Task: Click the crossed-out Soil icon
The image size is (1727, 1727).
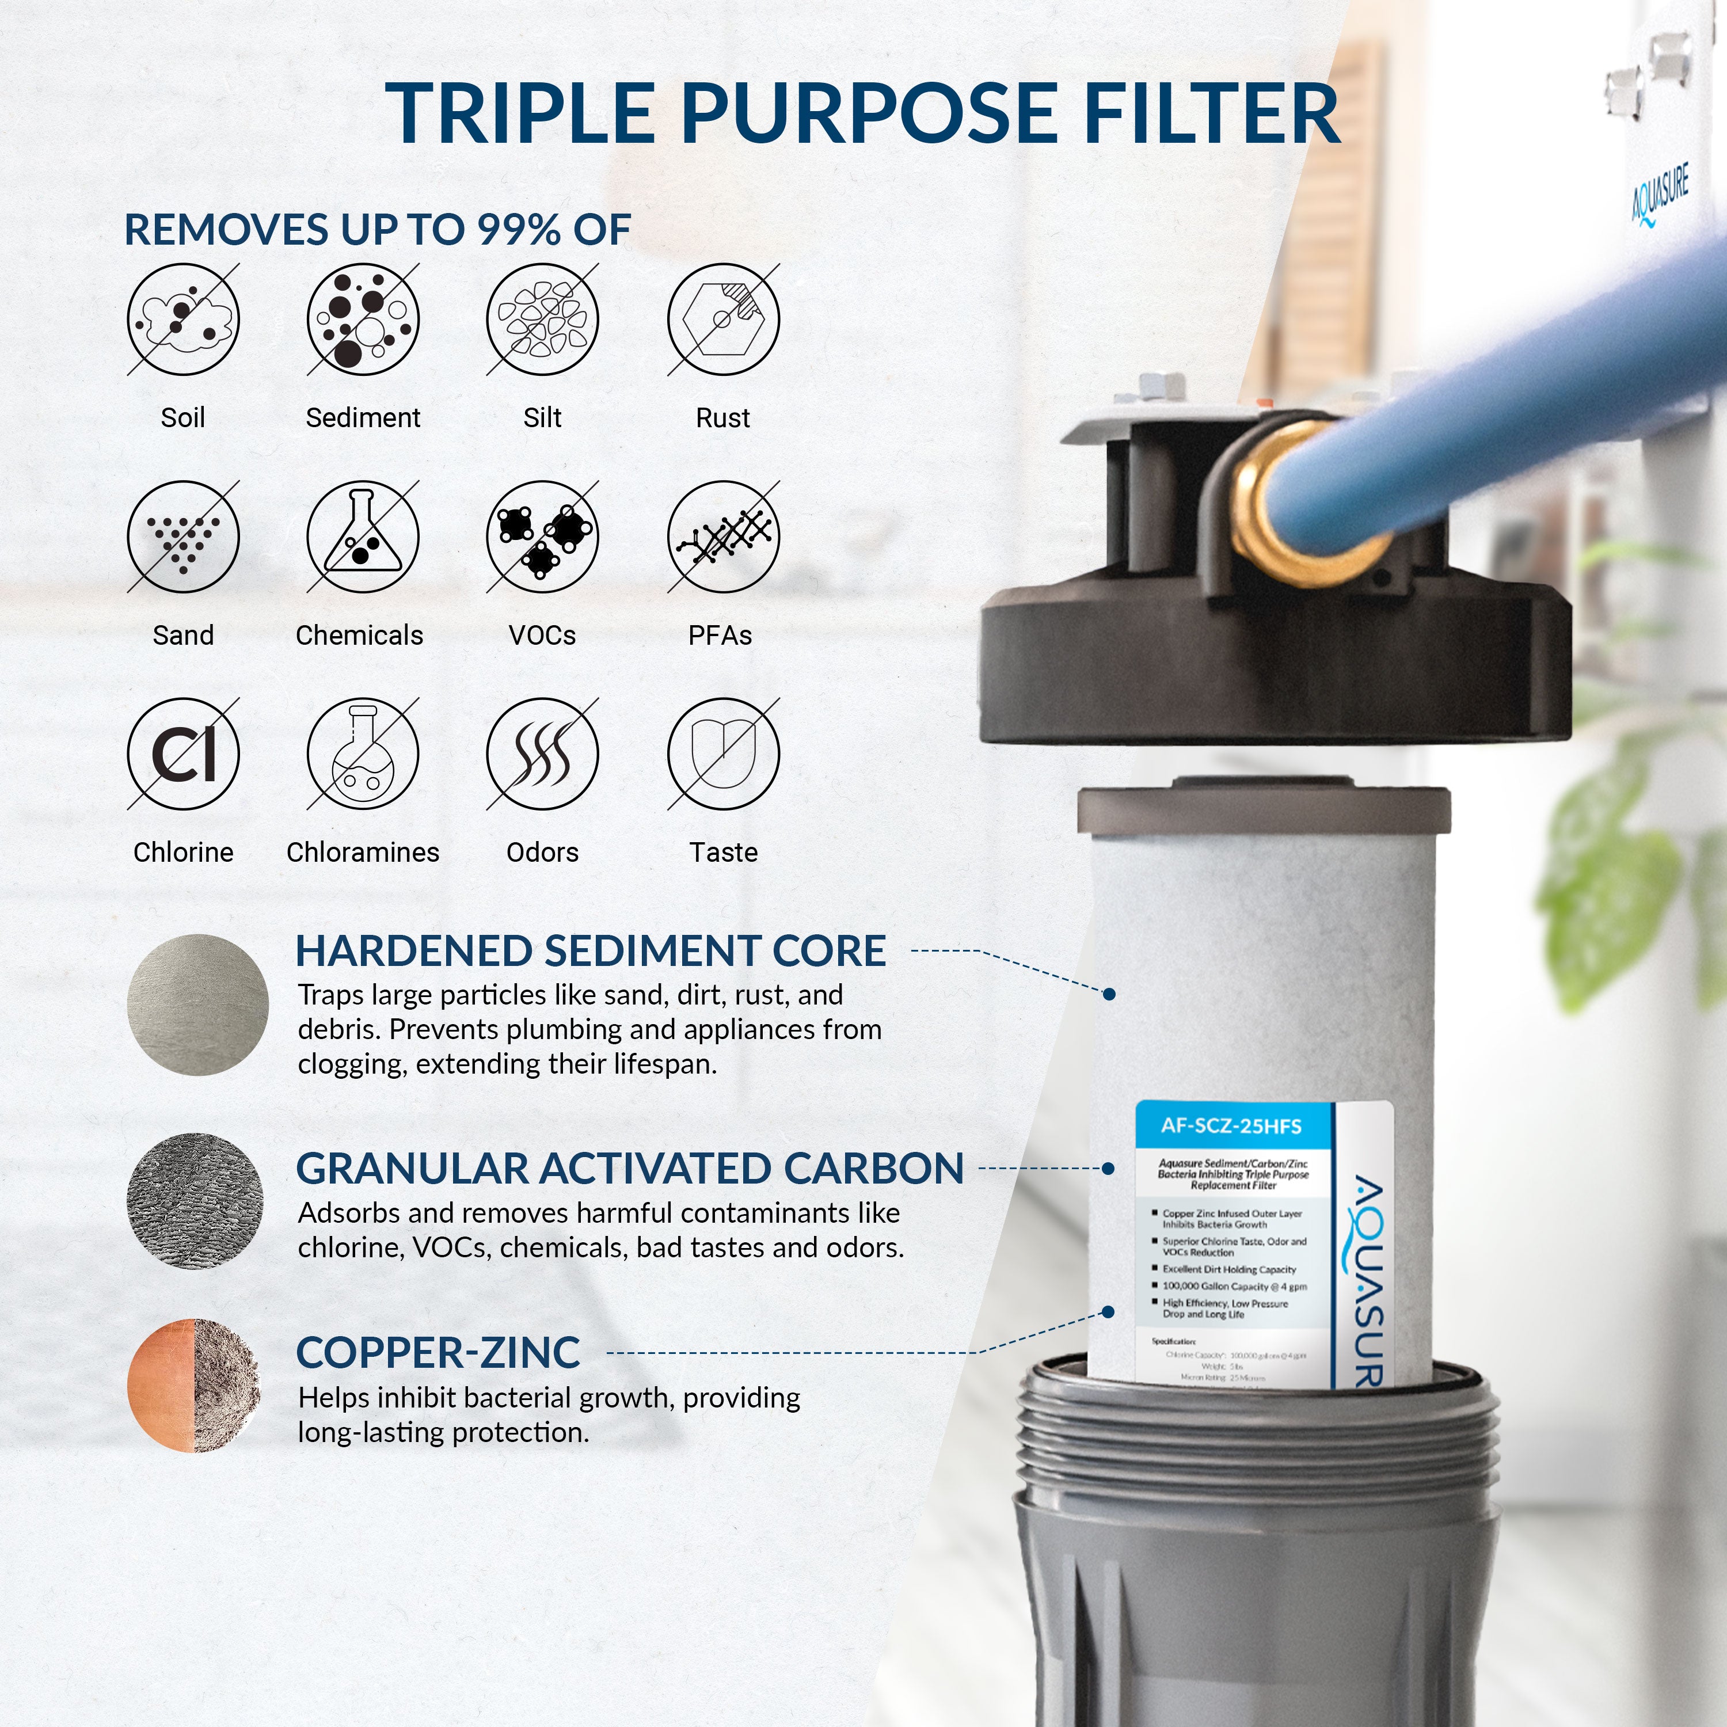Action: pos(183,319)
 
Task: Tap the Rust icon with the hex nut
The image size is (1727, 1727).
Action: pos(723,319)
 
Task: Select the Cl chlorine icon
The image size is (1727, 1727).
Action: pos(183,754)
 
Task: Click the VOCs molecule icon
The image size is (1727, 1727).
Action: pos(543,537)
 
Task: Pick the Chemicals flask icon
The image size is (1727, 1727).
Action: pos(363,537)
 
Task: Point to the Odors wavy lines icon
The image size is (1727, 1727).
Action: pos(543,754)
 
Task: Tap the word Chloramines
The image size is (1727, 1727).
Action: pos(363,853)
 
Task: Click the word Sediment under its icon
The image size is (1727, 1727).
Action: pos(363,419)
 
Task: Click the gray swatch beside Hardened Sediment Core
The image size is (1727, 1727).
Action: pos(197,1005)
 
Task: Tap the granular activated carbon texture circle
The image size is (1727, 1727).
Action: pos(195,1201)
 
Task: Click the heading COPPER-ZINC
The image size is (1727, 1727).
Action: pos(438,1352)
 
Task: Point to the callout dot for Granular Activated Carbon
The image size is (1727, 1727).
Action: pos(1108,1169)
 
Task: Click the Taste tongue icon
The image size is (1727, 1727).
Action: pos(723,754)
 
